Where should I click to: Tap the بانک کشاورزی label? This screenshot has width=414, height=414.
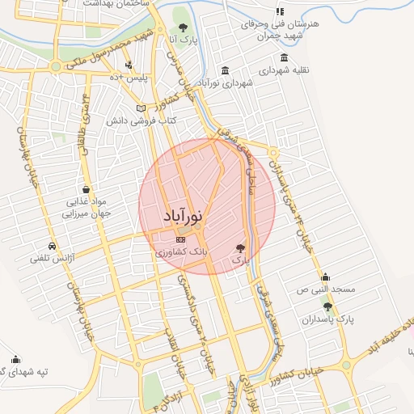click(x=182, y=252)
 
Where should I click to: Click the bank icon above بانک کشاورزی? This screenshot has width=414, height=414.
click(x=180, y=239)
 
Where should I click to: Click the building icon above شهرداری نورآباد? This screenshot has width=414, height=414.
click(x=224, y=70)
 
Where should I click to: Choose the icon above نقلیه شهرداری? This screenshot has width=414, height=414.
click(x=283, y=58)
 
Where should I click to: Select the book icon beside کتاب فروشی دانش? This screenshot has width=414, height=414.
click(x=141, y=108)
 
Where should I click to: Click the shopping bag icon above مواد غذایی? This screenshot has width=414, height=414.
click(x=87, y=189)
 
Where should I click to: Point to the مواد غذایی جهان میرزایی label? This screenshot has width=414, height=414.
click(x=86, y=209)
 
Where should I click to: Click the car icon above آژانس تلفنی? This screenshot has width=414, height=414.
click(x=53, y=245)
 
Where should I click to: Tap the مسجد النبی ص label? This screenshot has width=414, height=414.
click(x=324, y=289)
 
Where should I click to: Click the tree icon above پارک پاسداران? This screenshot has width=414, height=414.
click(x=327, y=306)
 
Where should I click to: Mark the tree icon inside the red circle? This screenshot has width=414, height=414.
click(x=239, y=247)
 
